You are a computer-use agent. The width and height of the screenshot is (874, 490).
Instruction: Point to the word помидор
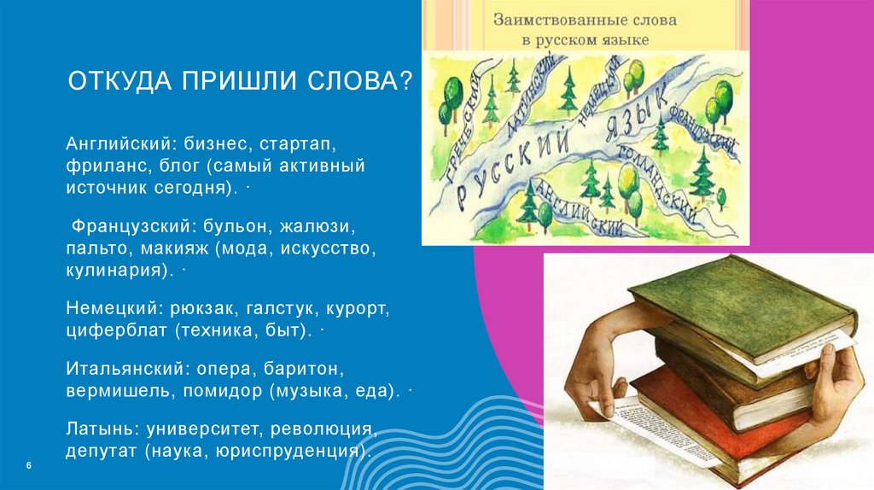pos(224,391)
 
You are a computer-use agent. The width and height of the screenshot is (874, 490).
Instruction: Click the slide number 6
pos(29,465)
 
